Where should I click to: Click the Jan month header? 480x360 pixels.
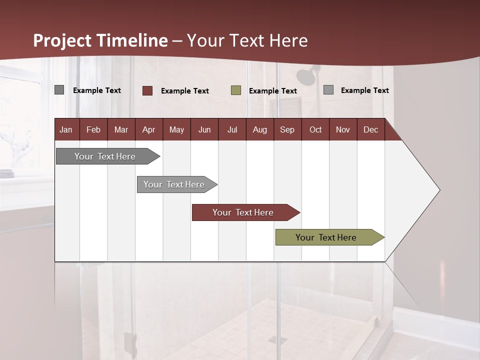pos(66,129)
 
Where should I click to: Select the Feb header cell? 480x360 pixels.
pos(93,129)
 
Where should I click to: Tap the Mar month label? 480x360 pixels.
pos(121,129)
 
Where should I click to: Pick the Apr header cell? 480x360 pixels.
pos(149,129)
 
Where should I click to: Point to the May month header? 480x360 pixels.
pos(176,129)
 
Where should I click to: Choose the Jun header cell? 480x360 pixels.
pos(204,129)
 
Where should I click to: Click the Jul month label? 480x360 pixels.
pos(232,129)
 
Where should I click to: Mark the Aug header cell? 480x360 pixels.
pos(260,129)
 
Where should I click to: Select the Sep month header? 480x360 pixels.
pos(287,129)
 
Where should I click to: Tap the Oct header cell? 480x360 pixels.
pos(315,129)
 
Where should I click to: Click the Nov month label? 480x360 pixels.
pos(343,129)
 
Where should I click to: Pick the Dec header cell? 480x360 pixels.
pos(371,129)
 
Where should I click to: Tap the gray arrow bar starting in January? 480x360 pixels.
pos(105,156)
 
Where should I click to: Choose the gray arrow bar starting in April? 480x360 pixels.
pos(174,184)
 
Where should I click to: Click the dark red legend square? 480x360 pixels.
pos(147,90)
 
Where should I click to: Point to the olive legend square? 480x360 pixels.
pos(236,90)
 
